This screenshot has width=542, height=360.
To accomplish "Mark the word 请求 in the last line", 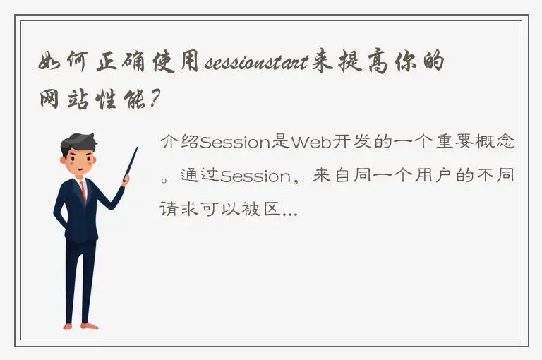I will coord(179,209).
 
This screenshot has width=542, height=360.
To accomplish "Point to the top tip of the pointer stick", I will coord(135,149).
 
